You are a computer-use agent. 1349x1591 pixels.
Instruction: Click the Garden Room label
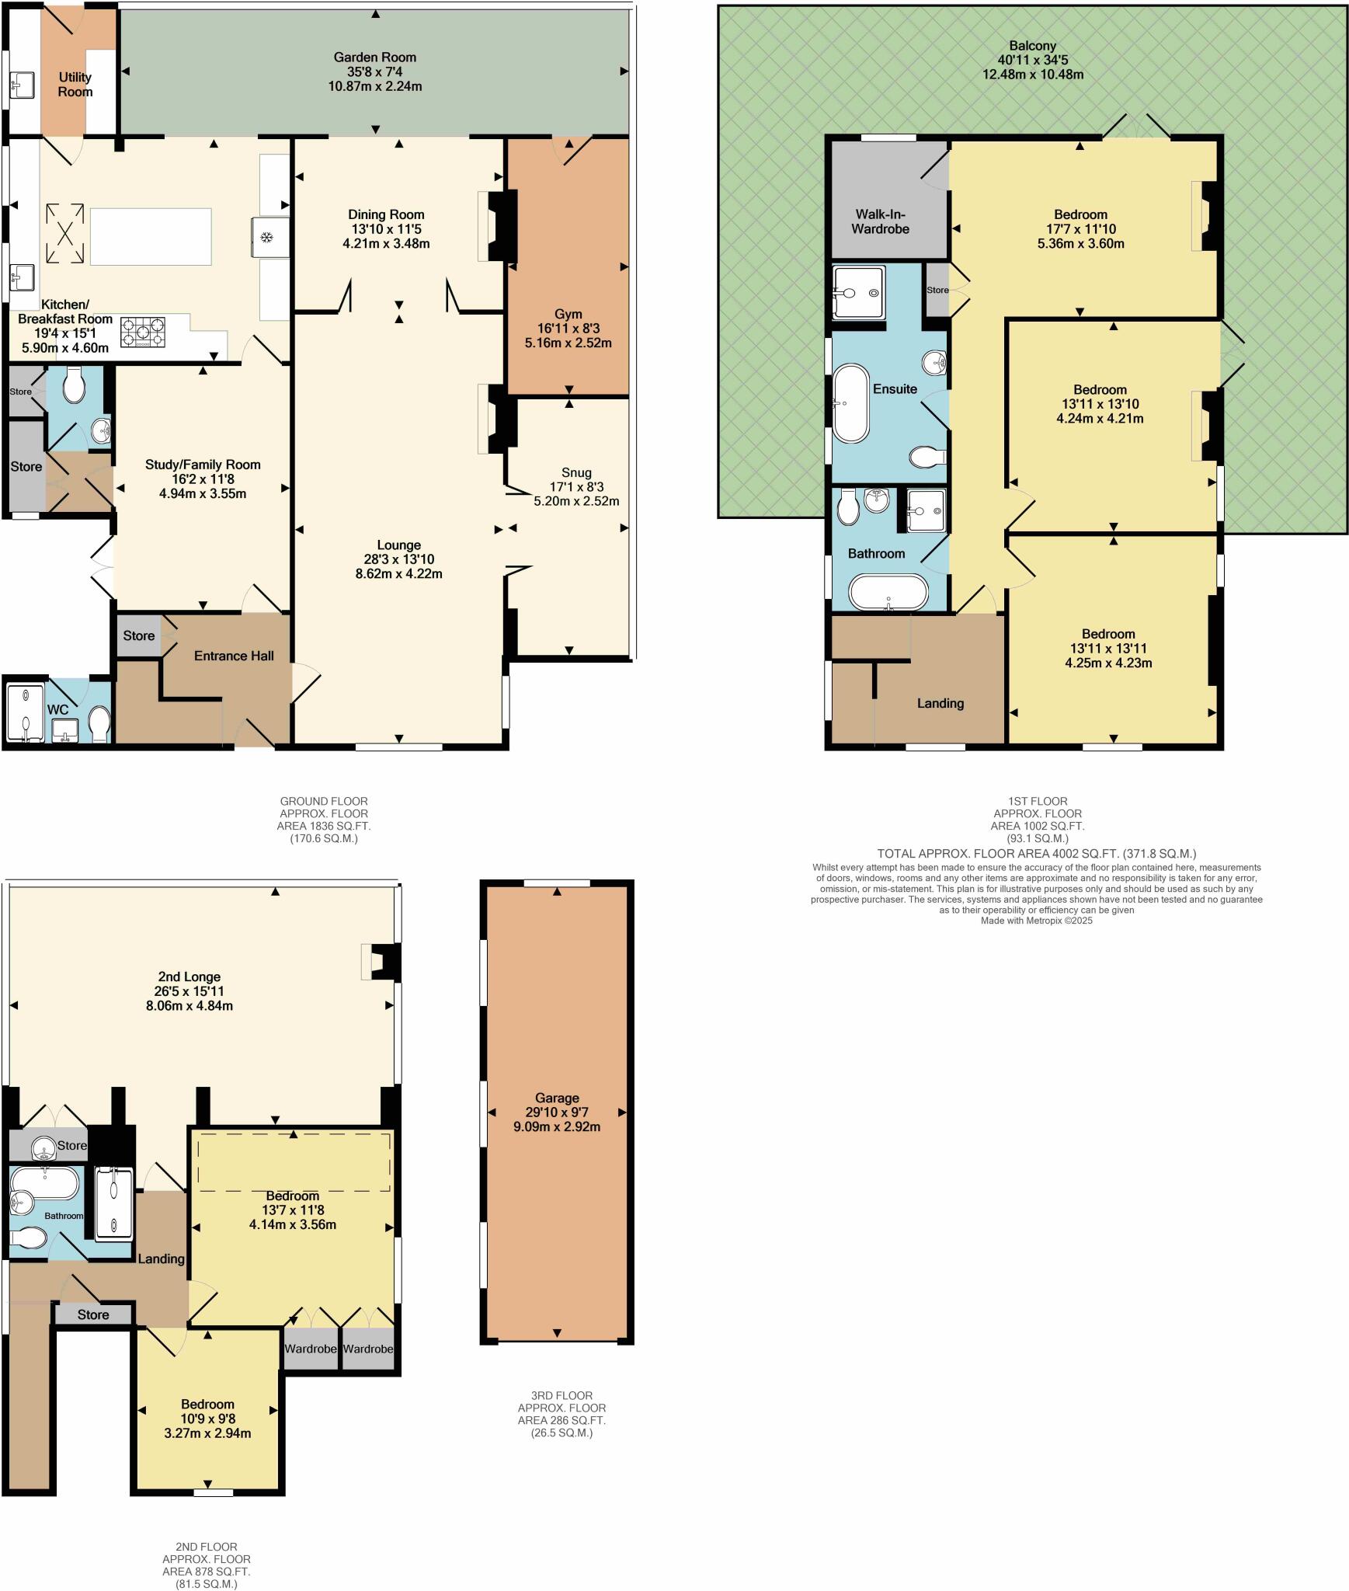[374, 57]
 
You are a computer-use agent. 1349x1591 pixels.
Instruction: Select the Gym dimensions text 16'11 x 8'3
[568, 329]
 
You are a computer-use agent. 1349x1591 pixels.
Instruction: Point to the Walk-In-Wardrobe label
[880, 221]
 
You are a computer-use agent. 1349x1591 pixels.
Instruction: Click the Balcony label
[1032, 46]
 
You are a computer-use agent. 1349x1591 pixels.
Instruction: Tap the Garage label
[556, 1098]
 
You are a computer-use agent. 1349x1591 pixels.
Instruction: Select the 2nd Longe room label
[189, 977]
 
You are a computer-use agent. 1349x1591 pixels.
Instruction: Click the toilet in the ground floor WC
[99, 723]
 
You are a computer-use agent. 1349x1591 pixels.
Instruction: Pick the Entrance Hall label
[234, 656]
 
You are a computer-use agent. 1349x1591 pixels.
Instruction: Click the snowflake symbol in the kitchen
[266, 237]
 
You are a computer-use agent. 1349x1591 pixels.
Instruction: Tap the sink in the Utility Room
[21, 84]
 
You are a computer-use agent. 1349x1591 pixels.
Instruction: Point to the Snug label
[576, 472]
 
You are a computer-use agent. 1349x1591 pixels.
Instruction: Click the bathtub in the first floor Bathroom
[888, 592]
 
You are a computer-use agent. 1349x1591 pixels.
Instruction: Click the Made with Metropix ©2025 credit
[1036, 920]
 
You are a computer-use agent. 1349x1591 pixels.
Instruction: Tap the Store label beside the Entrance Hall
[138, 635]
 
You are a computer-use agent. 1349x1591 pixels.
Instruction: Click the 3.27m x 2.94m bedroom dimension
[207, 1433]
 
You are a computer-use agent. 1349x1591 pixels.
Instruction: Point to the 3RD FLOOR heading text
[555, 1395]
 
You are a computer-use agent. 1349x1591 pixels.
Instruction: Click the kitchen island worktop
[151, 236]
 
